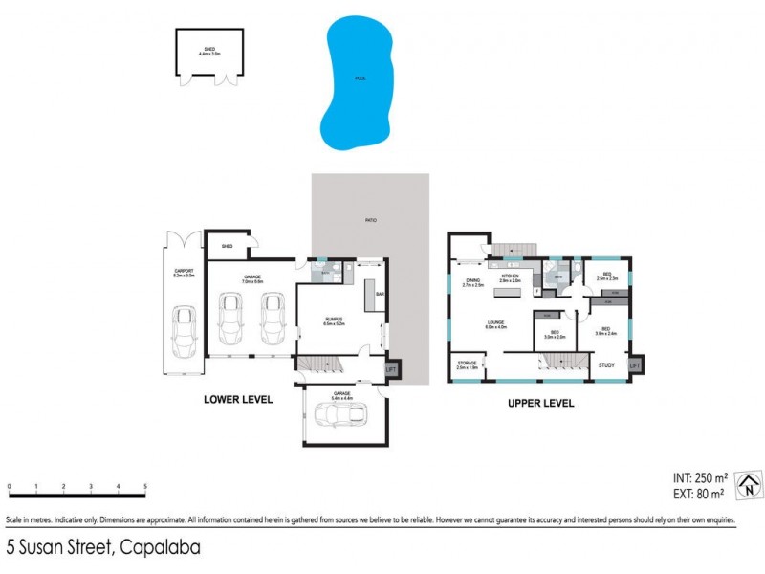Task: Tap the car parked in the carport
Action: pos(184,331)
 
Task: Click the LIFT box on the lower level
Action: pos(391,367)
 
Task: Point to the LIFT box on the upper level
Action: pos(634,365)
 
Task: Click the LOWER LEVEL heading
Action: pos(238,400)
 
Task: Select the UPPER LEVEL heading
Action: pos(540,404)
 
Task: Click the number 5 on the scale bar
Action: pos(145,487)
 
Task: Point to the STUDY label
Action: pos(606,365)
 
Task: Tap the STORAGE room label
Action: pos(466,363)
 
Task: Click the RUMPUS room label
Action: pos(334,319)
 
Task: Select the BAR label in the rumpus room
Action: pos(380,294)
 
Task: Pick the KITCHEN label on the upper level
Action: pos(509,276)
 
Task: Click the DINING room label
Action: pos(472,280)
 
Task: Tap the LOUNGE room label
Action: pos(494,322)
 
